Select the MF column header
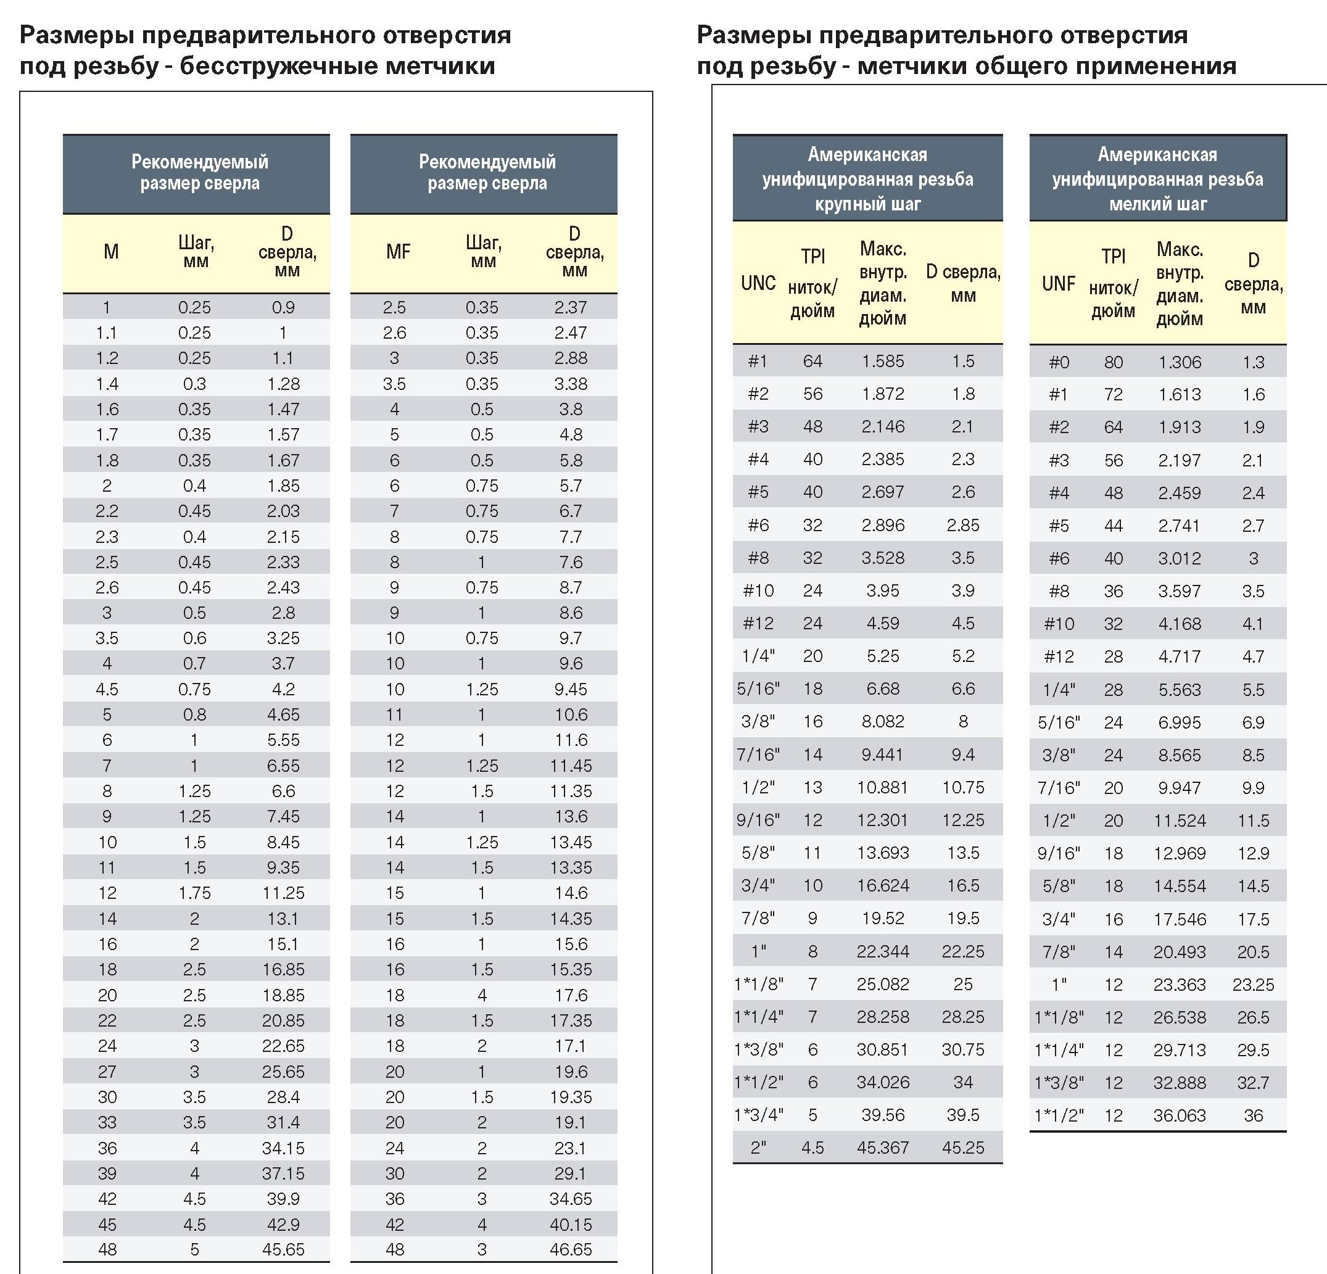click(x=398, y=252)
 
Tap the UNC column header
click(x=758, y=283)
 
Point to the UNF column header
click(x=1059, y=284)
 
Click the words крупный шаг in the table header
click(x=867, y=204)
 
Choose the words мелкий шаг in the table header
click(x=1158, y=204)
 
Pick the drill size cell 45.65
click(x=283, y=1249)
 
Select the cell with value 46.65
click(x=571, y=1249)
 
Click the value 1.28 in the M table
click(x=283, y=384)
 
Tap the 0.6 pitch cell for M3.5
click(x=194, y=639)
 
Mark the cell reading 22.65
click(x=283, y=1046)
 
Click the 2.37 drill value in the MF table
click(x=571, y=307)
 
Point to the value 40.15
click(x=571, y=1224)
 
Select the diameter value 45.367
click(x=883, y=1148)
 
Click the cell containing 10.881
click(x=883, y=787)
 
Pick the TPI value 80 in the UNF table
click(x=1114, y=362)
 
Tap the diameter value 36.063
click(x=1180, y=1115)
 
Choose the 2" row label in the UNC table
click(x=758, y=1148)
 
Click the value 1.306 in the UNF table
click(x=1180, y=362)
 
